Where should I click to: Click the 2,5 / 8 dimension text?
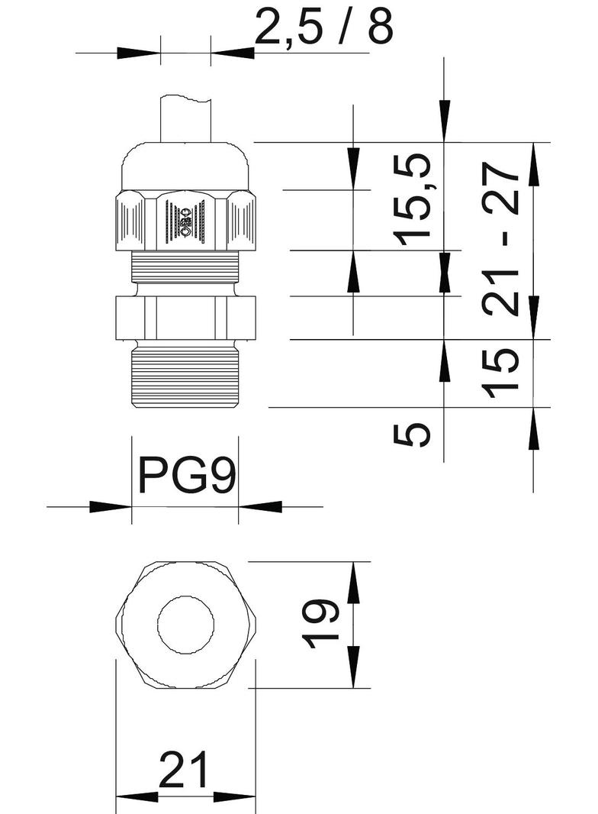pos(323,28)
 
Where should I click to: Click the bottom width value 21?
pos(185,770)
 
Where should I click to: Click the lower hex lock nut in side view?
pos(185,315)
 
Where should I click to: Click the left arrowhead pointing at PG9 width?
pos(114,506)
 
